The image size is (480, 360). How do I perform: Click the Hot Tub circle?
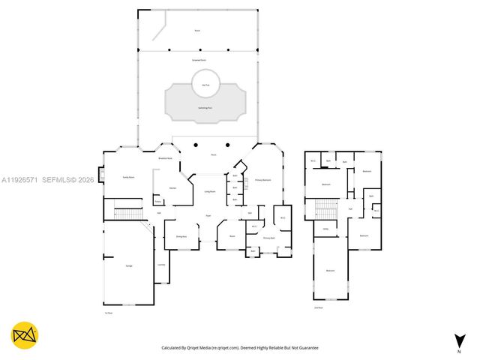pos(205,84)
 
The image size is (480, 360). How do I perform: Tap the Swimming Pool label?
pos(205,108)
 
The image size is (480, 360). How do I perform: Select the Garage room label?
pos(118,265)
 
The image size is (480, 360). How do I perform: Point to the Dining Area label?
pos(181,236)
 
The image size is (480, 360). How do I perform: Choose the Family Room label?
pos(128,177)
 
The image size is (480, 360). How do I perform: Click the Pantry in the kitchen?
pos(158,201)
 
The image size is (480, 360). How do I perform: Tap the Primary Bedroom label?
pos(262,180)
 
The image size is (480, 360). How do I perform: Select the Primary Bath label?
pos(268,238)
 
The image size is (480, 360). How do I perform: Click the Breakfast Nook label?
pos(166,158)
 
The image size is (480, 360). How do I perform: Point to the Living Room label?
pos(210,192)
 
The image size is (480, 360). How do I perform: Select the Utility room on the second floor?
pos(325,229)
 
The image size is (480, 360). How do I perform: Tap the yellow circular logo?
pos(25,335)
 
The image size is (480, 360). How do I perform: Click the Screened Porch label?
pos(199,58)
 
